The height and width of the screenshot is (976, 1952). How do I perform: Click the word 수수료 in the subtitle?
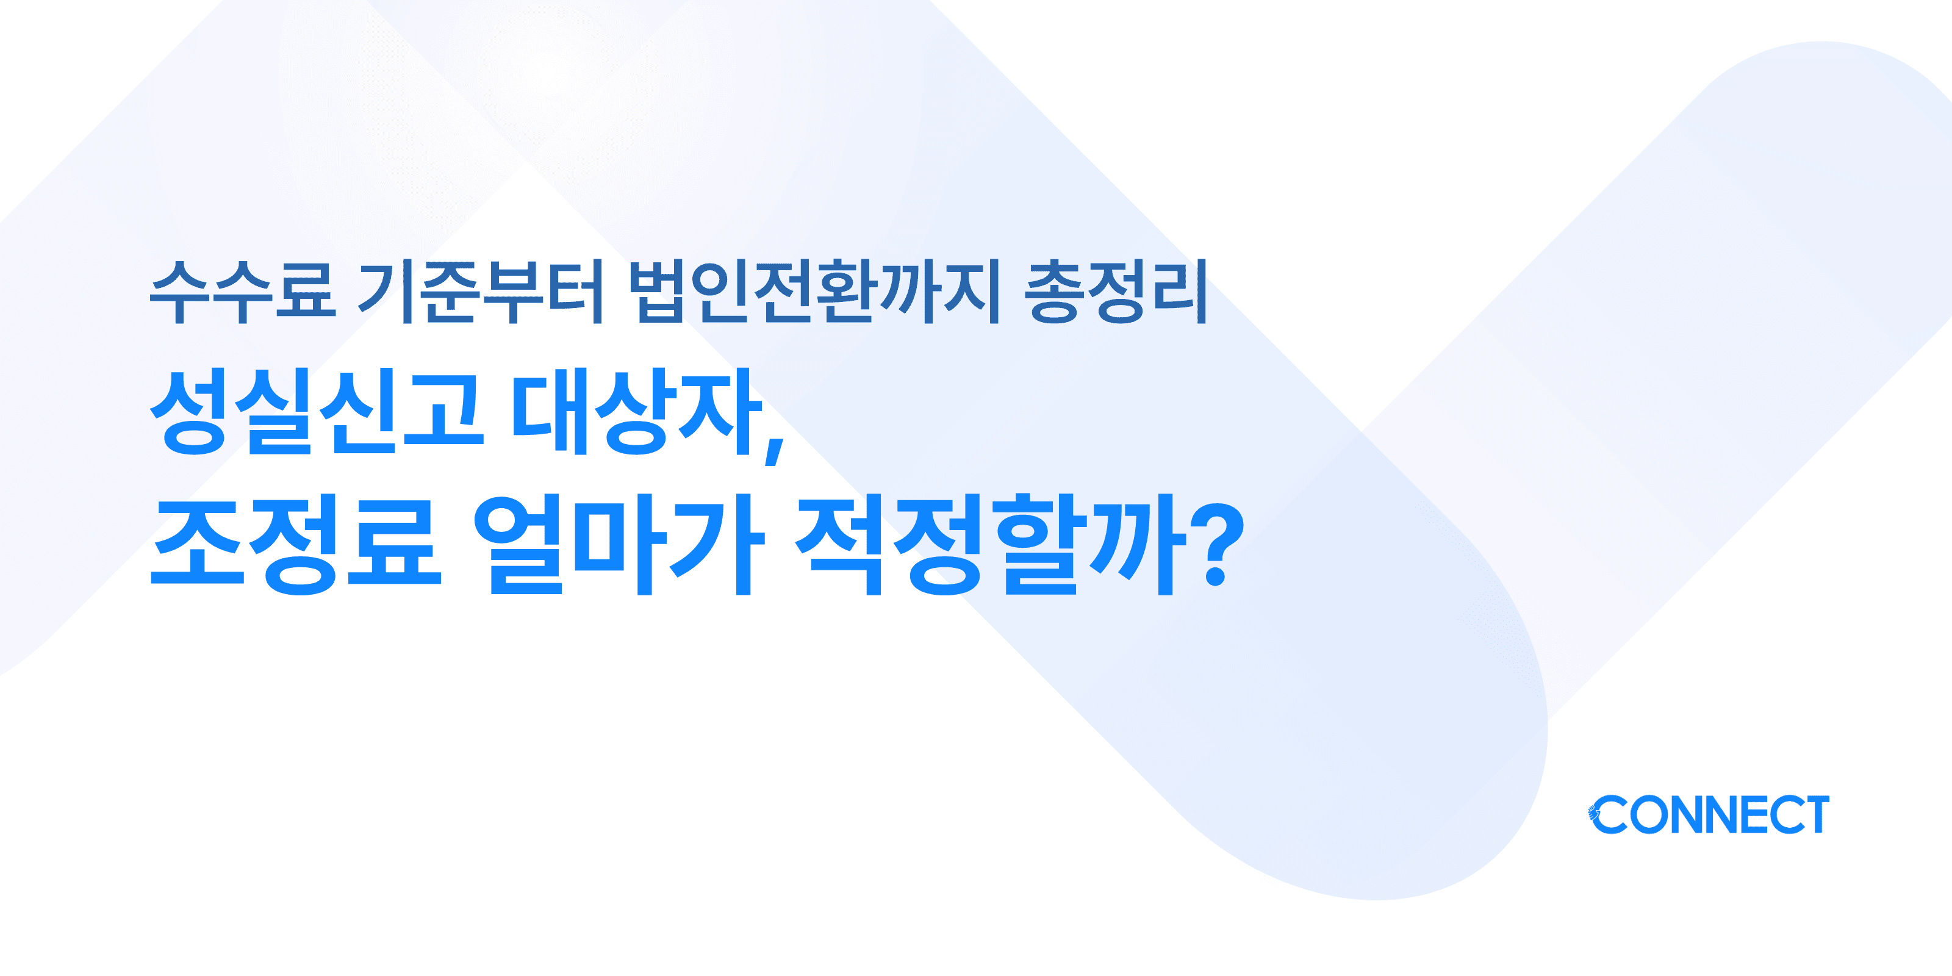point(243,291)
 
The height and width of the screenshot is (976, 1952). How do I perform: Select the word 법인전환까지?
point(814,291)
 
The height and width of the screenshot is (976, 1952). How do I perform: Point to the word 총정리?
point(1116,291)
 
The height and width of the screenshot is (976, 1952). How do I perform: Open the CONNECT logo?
point(1709,814)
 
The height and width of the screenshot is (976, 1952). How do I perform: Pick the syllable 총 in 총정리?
point(1053,291)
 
